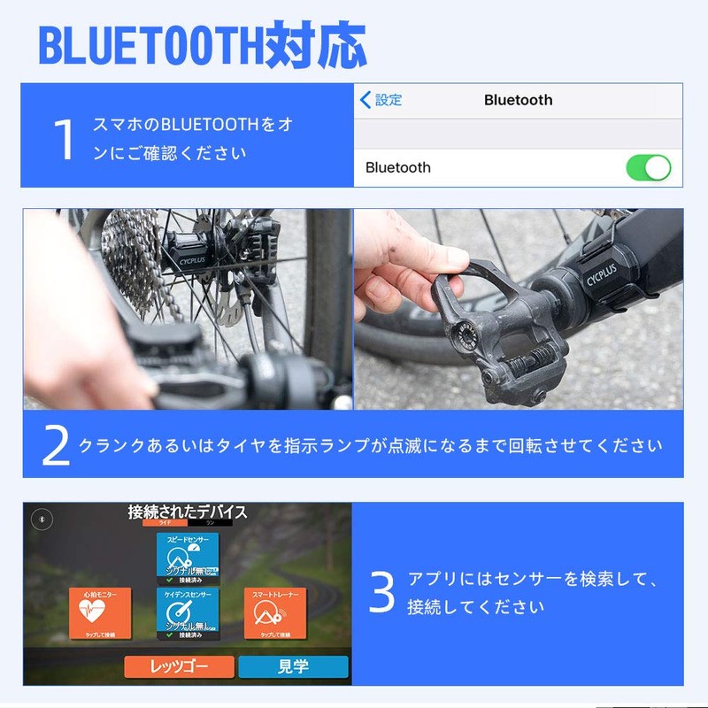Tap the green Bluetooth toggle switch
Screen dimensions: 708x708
pyautogui.click(x=649, y=167)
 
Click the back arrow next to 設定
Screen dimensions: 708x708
pyautogui.click(x=366, y=100)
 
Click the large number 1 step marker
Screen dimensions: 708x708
pyautogui.click(x=64, y=139)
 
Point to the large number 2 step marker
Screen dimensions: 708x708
pyautogui.click(x=55, y=445)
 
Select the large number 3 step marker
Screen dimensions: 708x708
pyautogui.click(x=381, y=594)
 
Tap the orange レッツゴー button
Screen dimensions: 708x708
pyautogui.click(x=179, y=666)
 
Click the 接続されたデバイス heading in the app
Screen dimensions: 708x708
pyautogui.click(x=188, y=512)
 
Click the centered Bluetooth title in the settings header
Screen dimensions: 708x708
pyautogui.click(x=518, y=100)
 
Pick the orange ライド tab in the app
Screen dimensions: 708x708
pyautogui.click(x=165, y=524)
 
